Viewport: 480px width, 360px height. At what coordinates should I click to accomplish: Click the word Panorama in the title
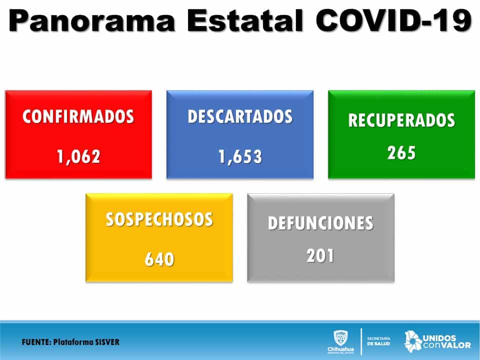(92, 20)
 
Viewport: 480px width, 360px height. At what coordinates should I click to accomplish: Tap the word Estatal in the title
(245, 20)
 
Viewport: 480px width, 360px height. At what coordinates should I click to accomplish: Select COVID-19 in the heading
(393, 20)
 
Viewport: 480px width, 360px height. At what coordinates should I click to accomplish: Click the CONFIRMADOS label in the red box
(78, 116)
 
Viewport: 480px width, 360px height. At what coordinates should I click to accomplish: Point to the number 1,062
(78, 156)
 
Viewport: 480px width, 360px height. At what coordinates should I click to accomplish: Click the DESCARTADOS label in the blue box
(240, 116)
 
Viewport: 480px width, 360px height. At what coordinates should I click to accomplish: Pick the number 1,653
(240, 156)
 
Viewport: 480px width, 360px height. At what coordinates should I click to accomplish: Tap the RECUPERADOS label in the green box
(401, 120)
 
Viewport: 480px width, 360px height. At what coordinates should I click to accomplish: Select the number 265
(401, 153)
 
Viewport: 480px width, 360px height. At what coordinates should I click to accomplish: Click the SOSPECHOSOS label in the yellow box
(159, 219)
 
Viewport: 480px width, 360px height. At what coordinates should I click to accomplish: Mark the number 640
(159, 259)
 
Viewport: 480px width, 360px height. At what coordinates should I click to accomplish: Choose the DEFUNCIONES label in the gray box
(320, 223)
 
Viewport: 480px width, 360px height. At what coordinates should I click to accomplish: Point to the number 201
(320, 255)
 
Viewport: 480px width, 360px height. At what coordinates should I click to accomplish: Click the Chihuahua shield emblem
(340, 337)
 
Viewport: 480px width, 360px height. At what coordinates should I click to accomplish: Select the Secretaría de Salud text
(378, 341)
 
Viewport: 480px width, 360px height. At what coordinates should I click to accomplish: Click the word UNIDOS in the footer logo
(439, 338)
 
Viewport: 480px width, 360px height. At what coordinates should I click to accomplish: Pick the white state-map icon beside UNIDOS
(413, 341)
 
